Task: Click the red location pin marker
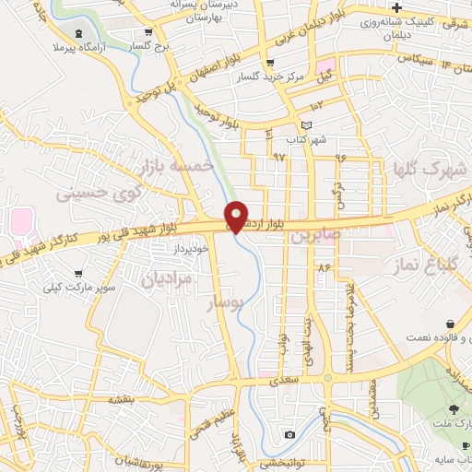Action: pyautogui.click(x=236, y=217)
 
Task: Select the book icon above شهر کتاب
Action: pyautogui.click(x=307, y=125)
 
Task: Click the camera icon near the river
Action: pyautogui.click(x=289, y=434)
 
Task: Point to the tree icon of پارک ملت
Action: pyautogui.click(x=453, y=409)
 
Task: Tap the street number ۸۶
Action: pyautogui.click(x=324, y=266)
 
